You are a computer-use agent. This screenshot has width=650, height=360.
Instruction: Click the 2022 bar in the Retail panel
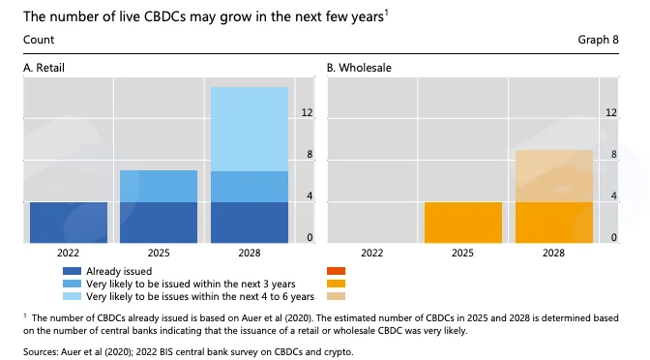[69, 223]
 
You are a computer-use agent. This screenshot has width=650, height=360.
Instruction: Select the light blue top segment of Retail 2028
[250, 129]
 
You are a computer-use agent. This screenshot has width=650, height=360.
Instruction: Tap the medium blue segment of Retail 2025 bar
[159, 186]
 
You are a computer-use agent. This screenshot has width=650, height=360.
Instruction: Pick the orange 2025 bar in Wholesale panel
[463, 223]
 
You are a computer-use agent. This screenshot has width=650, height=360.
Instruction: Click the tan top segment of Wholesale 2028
[554, 176]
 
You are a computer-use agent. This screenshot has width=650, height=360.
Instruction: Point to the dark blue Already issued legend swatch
[72, 271]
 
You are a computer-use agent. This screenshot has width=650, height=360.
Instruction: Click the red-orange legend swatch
[336, 271]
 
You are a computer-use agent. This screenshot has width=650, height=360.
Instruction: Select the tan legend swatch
[336, 296]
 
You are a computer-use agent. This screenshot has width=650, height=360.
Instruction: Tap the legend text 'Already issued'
[119, 271]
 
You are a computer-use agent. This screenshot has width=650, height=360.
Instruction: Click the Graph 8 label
[598, 40]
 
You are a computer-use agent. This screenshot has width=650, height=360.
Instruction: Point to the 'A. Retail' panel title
[44, 68]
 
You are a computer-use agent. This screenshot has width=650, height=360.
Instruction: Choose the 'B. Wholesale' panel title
[359, 68]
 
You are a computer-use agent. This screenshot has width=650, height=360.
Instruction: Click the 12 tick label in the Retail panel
[307, 112]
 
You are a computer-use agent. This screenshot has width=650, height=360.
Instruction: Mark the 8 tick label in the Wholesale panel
[613, 154]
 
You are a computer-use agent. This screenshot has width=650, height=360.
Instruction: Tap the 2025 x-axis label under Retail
[159, 253]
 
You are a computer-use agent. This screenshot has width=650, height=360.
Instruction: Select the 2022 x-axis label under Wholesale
[371, 253]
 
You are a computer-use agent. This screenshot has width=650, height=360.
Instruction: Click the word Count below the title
[39, 40]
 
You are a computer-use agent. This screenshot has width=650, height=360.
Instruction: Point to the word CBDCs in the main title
[164, 17]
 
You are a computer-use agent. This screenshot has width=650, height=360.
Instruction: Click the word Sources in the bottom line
[41, 352]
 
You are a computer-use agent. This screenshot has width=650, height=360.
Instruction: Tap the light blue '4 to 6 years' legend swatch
[72, 296]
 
